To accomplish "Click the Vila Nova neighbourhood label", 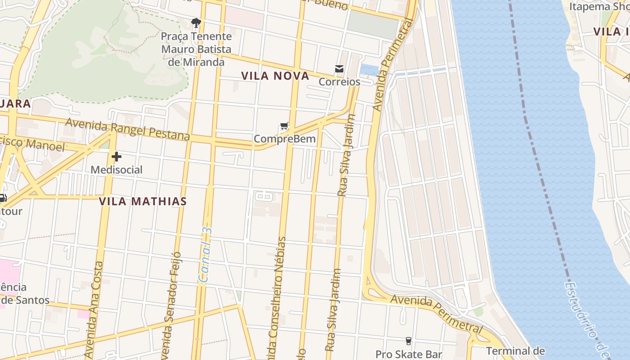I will click(x=275, y=76).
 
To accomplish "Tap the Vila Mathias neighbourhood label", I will click(x=142, y=201).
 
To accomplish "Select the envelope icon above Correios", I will click(x=339, y=69).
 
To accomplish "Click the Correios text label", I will click(x=340, y=82).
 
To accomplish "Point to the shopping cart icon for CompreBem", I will click(x=284, y=126).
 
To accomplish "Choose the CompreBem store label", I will click(x=284, y=139).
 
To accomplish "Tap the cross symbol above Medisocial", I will click(x=117, y=157).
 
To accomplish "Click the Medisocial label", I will click(x=117, y=170).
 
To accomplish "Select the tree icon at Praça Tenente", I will click(x=196, y=22).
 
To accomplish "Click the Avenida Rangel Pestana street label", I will click(x=128, y=129).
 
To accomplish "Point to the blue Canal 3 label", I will click(x=206, y=255).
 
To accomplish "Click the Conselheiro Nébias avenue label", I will click(x=277, y=297).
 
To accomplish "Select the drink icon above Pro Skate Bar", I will click(x=409, y=341).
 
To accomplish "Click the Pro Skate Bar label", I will click(x=409, y=355).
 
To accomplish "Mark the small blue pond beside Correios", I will click(x=369, y=70).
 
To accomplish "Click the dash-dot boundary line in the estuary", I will click(x=535, y=135).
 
